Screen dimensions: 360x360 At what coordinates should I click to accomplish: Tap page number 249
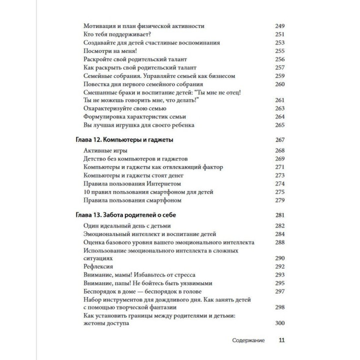[x=279, y=25]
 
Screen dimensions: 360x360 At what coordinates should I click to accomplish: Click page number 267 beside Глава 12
[x=279, y=139]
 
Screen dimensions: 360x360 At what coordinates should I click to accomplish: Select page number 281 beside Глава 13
[x=279, y=215]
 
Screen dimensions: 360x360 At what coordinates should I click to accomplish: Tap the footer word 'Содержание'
[x=248, y=340]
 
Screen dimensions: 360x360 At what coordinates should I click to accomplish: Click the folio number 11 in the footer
[x=281, y=340]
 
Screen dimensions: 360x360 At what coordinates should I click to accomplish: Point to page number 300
[x=279, y=323]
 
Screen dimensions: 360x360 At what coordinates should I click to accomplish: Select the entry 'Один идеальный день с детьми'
[x=127, y=226]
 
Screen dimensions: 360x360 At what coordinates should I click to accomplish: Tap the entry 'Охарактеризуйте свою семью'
[x=127, y=108]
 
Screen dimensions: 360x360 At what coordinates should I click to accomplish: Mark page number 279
[x=279, y=200]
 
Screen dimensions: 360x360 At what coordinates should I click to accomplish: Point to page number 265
[x=279, y=124]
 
